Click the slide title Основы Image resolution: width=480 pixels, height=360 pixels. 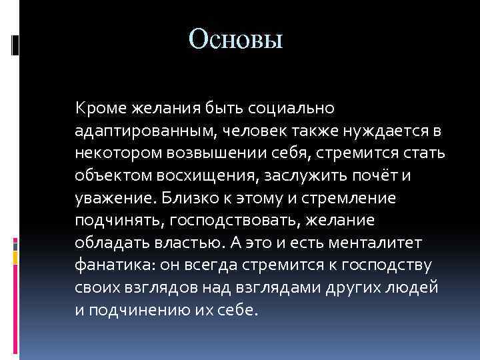tap(236, 39)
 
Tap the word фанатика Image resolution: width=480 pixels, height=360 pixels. tap(111, 266)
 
